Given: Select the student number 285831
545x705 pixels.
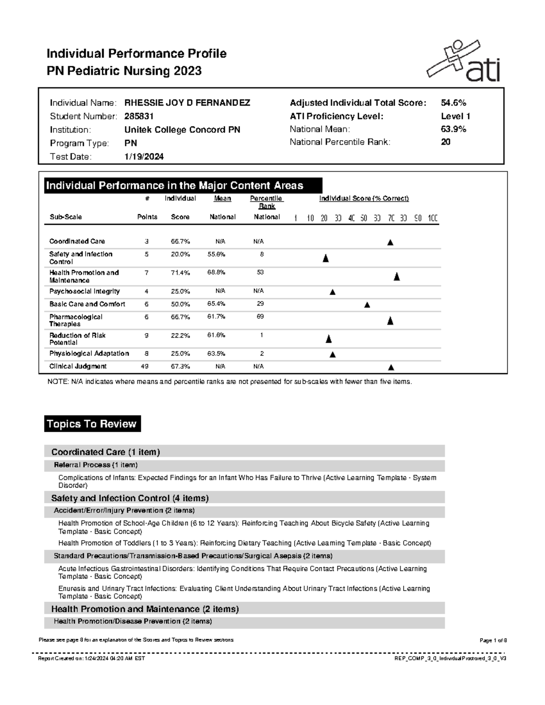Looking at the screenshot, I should coord(139,116).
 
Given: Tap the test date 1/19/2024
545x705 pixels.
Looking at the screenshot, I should coord(144,157).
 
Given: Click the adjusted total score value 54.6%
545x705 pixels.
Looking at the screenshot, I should coord(453,103).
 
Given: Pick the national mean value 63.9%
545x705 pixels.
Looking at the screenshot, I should coord(453,129).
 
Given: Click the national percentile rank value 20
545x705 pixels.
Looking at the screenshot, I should coord(446,142).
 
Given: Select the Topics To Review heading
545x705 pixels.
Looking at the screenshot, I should coord(92,424).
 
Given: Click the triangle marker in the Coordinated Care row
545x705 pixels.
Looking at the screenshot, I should coord(390,242).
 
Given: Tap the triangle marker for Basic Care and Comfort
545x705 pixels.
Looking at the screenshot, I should coord(367,305).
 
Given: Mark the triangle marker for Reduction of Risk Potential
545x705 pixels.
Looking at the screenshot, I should coord(329,339).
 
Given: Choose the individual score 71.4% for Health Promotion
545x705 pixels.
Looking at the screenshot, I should coord(180,273).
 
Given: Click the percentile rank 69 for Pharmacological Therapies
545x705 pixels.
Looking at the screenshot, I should coord(260,316).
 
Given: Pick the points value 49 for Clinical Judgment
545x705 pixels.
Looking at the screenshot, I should coord(145,366).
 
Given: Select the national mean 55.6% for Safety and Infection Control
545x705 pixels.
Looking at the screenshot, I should coord(216,255).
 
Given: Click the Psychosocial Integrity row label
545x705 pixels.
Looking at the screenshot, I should coord(84,291).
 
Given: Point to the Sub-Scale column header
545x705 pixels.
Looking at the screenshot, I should coord(65,217).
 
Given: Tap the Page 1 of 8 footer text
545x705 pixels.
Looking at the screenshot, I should coord(493,641).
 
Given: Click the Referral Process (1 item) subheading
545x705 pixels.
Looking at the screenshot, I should coord(96,465).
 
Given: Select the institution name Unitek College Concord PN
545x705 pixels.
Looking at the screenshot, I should coord(182,130).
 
